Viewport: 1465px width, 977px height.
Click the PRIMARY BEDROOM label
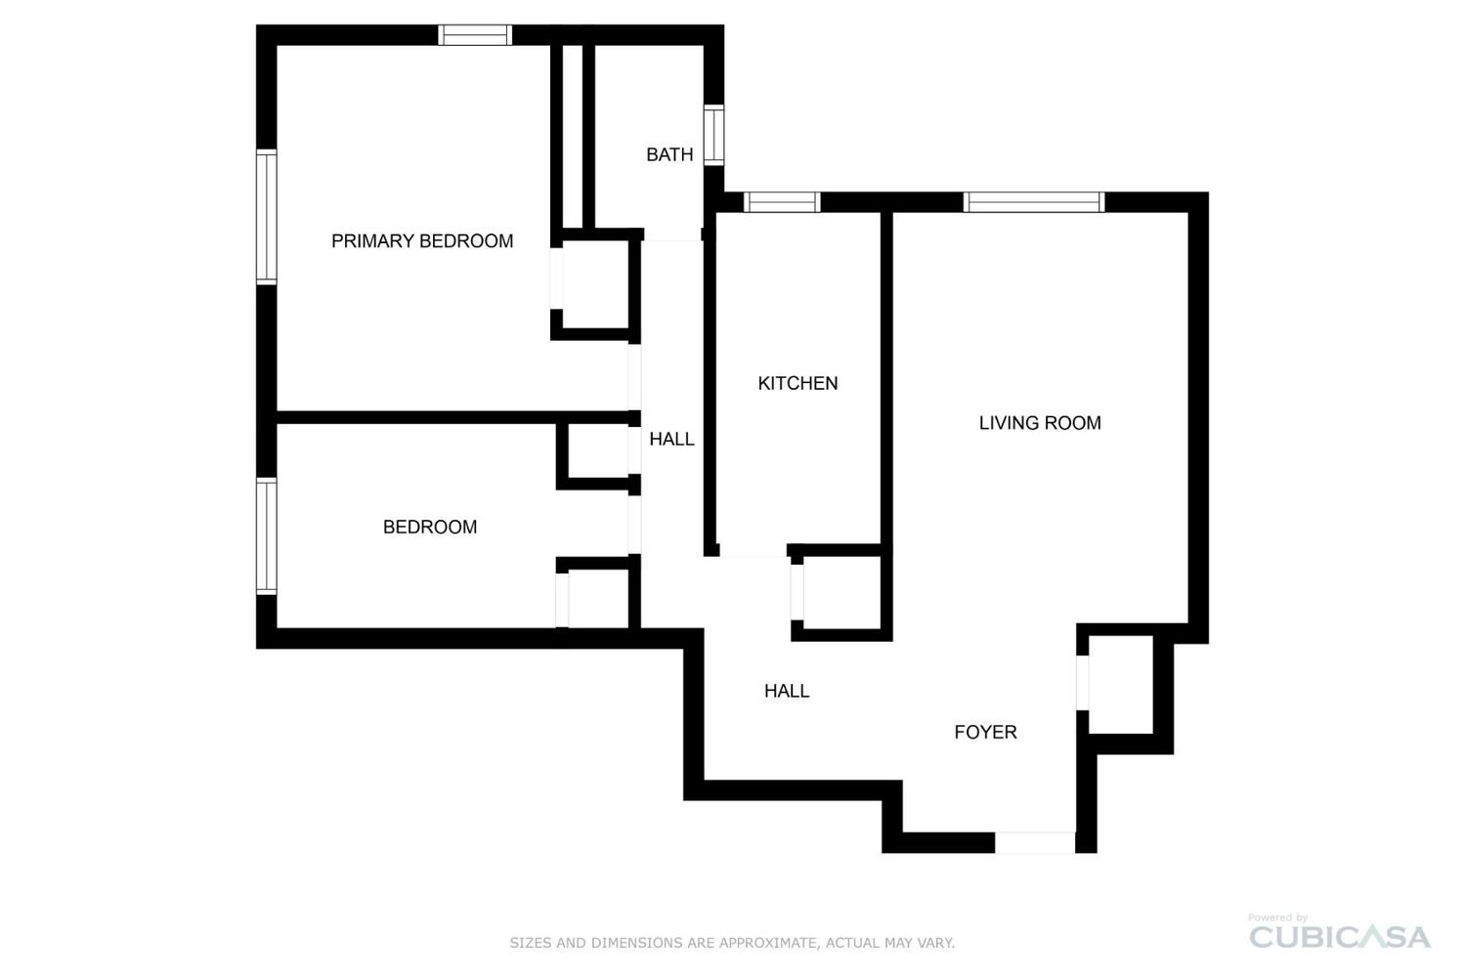pos(422,241)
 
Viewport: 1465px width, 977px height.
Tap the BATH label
pos(669,154)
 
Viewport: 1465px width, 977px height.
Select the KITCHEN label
pos(797,383)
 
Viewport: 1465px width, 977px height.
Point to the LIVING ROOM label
pos(1039,423)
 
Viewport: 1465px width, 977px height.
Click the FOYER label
pos(985,733)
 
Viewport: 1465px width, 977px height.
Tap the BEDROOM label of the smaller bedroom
pos(430,527)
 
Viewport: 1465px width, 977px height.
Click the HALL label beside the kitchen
pos(671,440)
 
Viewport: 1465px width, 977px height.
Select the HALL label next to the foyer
pos(786,691)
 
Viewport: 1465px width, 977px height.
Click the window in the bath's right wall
pos(713,135)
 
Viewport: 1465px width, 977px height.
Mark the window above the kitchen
pos(782,202)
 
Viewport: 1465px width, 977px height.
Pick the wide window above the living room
pos(1033,202)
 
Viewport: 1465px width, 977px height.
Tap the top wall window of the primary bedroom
pos(475,34)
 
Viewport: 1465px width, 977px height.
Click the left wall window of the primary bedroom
pos(266,217)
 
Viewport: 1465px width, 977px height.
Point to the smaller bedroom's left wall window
pos(266,536)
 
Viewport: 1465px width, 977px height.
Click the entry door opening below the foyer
pos(1035,842)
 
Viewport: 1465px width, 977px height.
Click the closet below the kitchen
pos(841,592)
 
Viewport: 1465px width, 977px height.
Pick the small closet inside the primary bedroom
pos(595,284)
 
